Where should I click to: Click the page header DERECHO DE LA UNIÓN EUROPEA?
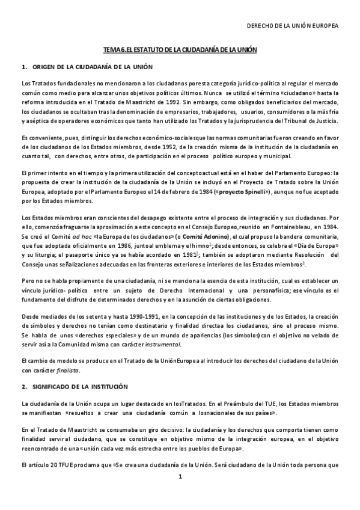pyautogui.click(x=293, y=26)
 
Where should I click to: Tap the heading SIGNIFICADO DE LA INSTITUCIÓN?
pyautogui.click(x=85, y=384)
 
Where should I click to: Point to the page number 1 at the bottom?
pyautogui.click(x=180, y=477)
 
